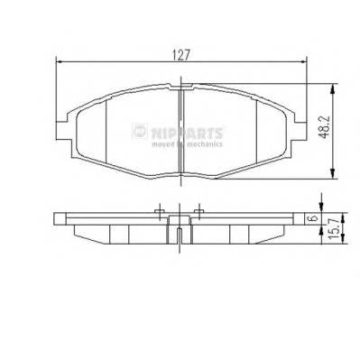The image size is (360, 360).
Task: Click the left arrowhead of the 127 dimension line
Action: (59, 61)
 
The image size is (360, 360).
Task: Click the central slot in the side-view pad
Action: (181, 237)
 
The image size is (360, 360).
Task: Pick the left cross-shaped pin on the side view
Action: (160, 214)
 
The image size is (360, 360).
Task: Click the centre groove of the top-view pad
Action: (181, 135)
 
